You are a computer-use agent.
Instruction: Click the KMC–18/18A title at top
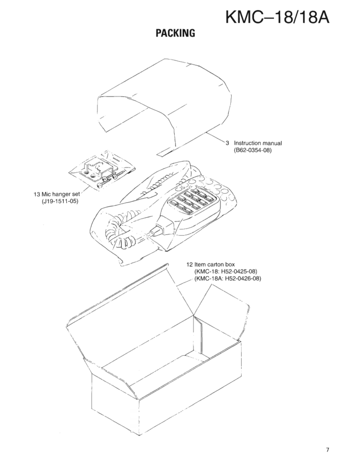pyautogui.click(x=277, y=17)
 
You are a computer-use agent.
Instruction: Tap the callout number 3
pyautogui.click(x=227, y=143)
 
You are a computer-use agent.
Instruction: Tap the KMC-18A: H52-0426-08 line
pyautogui.click(x=228, y=278)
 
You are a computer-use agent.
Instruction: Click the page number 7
pyautogui.click(x=328, y=449)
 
